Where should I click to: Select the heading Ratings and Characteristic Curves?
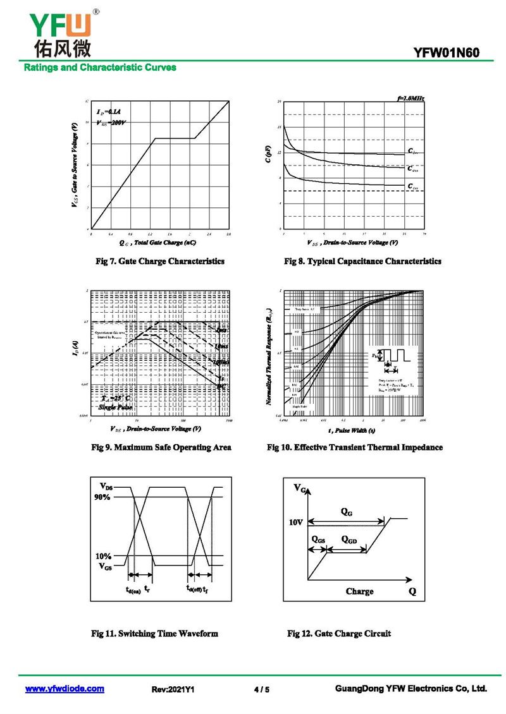[100, 67]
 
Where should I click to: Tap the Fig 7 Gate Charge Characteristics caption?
[159, 261]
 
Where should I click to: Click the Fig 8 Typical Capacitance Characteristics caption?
[362, 261]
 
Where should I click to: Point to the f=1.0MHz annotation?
[410, 99]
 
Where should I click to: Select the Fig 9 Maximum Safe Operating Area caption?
[161, 447]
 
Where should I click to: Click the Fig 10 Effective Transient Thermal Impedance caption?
[355, 447]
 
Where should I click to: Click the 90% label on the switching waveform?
[104, 497]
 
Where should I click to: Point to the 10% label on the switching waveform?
[104, 556]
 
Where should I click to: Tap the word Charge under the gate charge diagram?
[359, 591]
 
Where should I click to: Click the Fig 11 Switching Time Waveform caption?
[154, 633]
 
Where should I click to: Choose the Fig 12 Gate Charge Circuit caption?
[339, 633]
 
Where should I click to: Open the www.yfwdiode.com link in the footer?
[65, 689]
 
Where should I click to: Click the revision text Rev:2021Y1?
[173, 689]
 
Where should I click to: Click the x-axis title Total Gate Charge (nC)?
[160, 242]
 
